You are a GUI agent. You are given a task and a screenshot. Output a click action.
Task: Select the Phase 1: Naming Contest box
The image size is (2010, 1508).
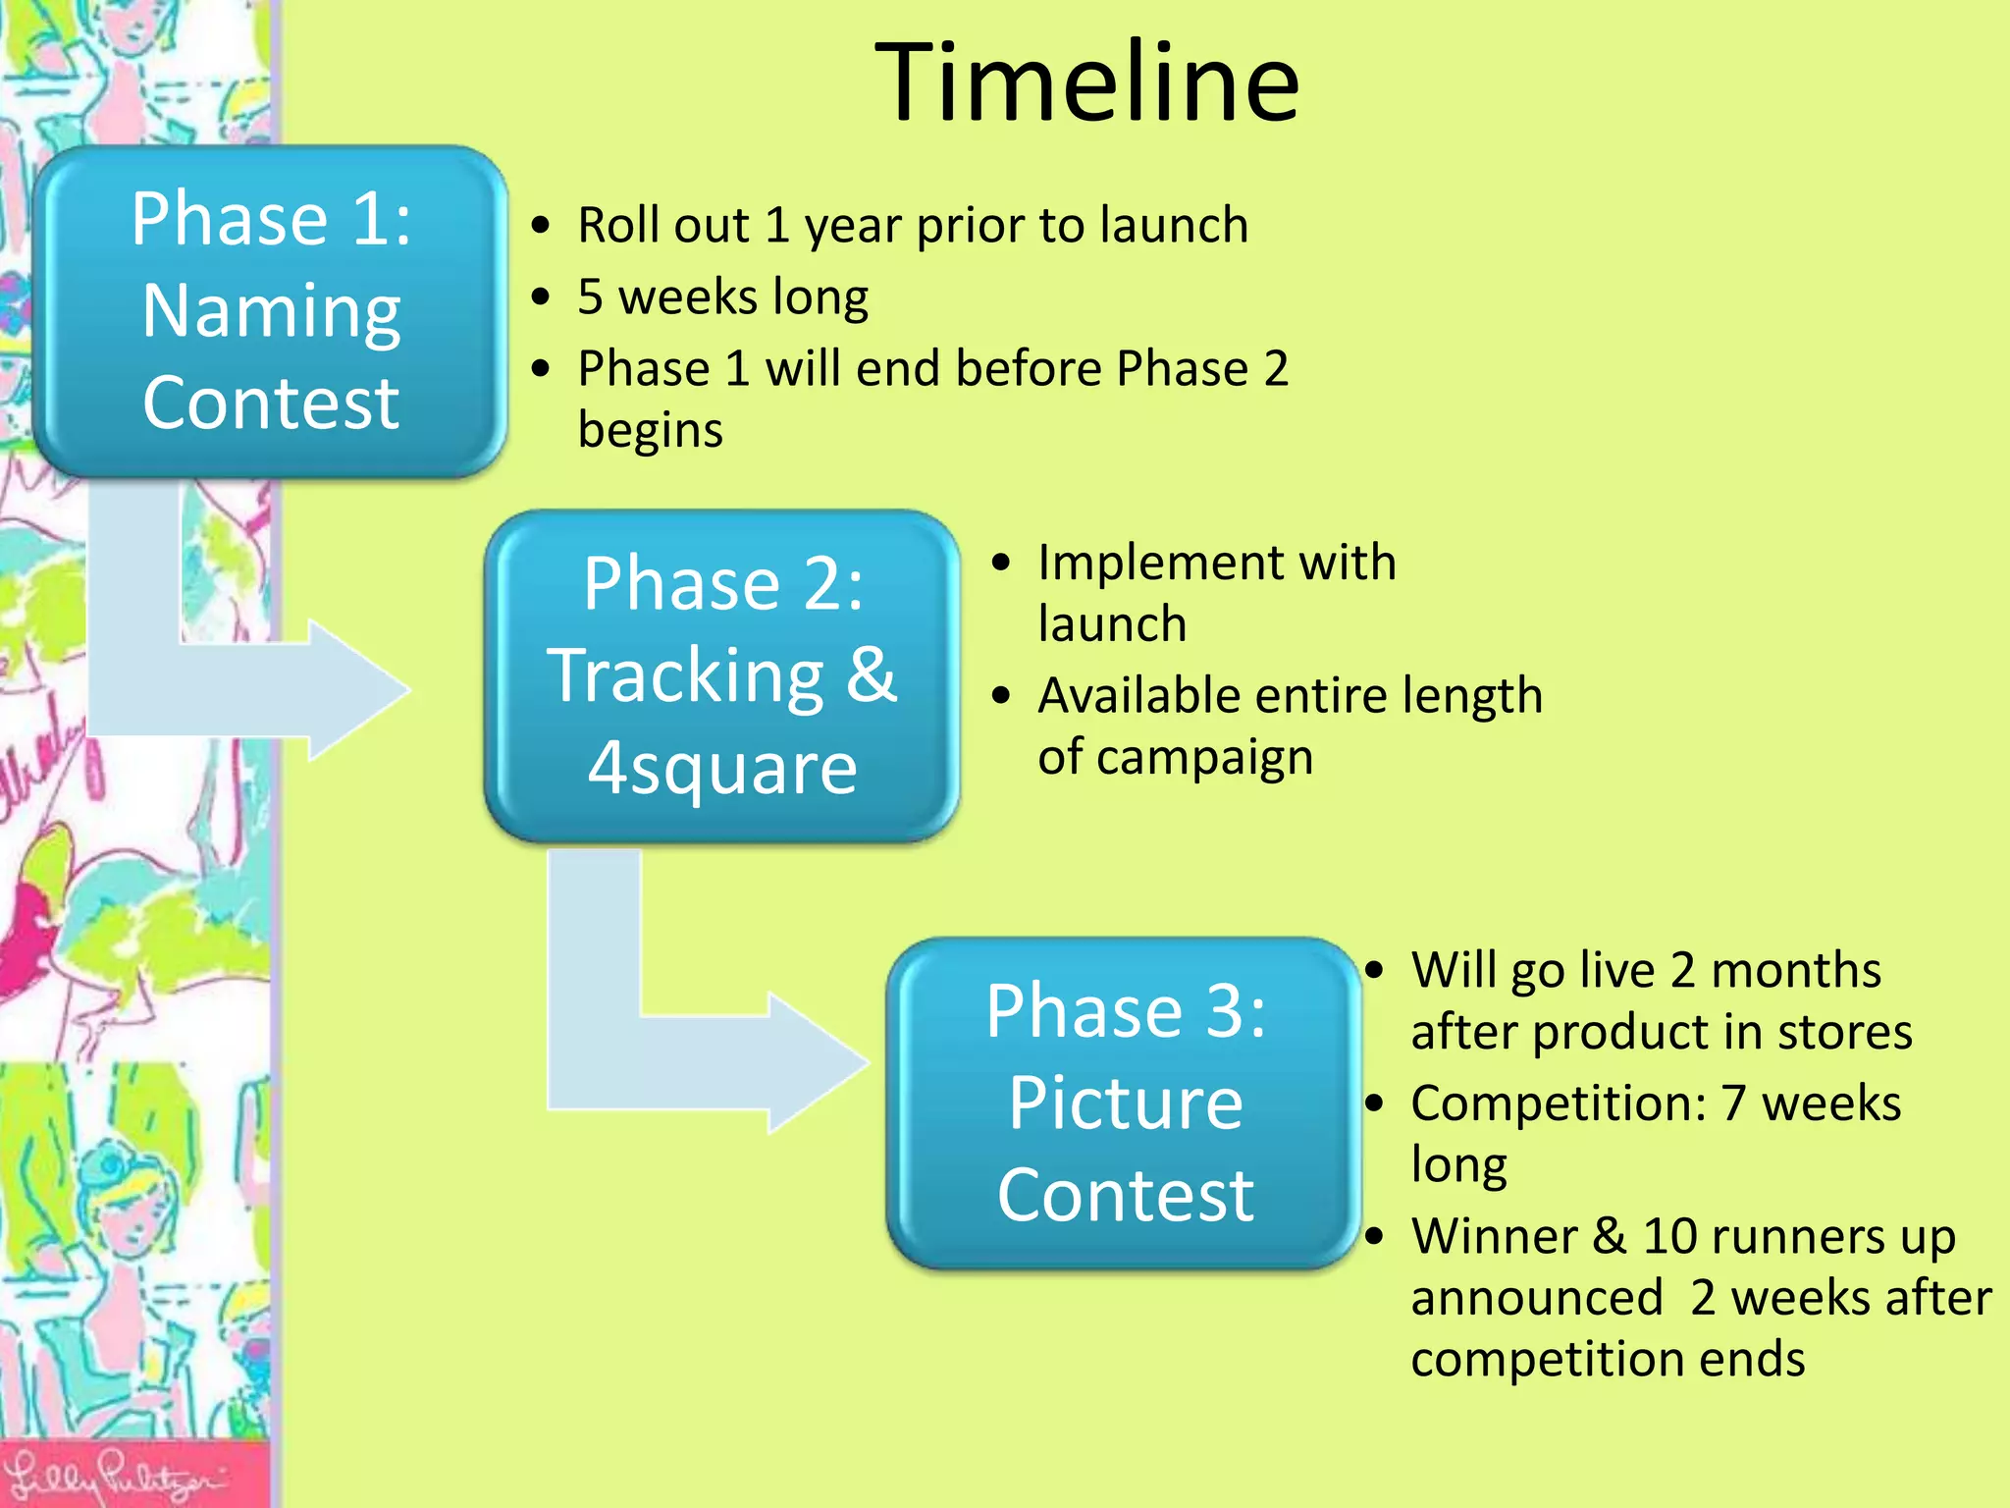[x=270, y=312]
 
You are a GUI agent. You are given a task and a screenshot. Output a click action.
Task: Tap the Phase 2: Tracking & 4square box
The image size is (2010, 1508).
[x=722, y=675]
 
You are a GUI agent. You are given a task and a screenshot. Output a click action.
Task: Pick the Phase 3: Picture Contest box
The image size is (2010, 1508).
[x=1125, y=1104]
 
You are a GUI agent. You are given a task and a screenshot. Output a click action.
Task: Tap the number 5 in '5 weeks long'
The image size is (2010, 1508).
[x=590, y=297]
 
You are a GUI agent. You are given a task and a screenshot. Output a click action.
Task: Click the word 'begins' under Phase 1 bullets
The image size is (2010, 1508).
[x=650, y=431]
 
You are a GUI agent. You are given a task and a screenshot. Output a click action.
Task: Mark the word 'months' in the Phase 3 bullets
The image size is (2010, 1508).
[x=1795, y=971]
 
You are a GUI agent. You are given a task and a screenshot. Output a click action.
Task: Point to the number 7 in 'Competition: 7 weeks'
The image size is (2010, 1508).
[x=1733, y=1104]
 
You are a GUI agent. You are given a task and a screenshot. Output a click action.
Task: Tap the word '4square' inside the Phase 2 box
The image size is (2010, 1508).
[x=722, y=768]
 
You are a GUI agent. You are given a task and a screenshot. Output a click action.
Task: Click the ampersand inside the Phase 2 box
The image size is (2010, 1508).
[x=871, y=675]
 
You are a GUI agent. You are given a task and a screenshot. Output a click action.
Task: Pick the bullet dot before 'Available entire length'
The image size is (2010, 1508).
[x=1000, y=696]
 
